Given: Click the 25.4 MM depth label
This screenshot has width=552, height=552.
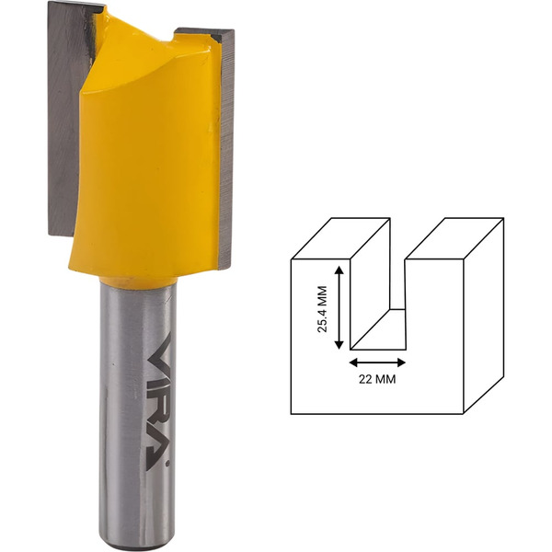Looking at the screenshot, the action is tap(322, 309).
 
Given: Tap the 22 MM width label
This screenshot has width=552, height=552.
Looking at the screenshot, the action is tap(377, 379).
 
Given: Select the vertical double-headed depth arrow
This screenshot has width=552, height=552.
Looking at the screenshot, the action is tap(339, 307).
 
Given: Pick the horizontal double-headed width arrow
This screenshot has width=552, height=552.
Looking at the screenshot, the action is tap(377, 362).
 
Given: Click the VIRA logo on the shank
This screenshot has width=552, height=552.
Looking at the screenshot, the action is tap(158, 400).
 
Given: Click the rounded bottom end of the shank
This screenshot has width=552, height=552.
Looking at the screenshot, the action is tap(137, 544).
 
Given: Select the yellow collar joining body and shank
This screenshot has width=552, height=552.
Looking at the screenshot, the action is tap(138, 281).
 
